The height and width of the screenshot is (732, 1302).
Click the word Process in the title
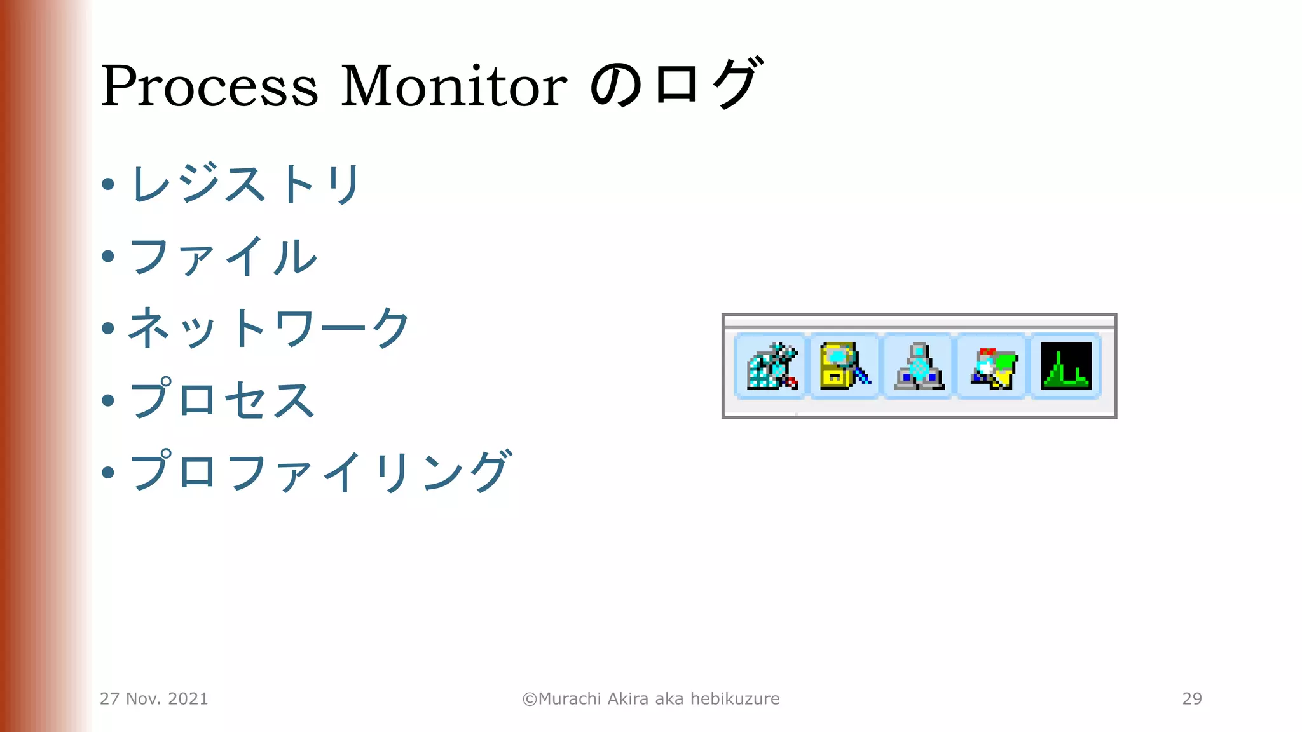209,86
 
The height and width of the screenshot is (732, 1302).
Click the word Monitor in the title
453,86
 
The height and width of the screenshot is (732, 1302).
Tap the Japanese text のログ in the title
676,84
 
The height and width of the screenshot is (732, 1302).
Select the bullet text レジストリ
246,184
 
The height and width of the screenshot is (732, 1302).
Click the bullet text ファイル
223,257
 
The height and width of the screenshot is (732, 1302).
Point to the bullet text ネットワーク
269,329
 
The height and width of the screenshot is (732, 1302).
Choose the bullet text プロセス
223,400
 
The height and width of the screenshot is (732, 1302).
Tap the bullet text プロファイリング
320,472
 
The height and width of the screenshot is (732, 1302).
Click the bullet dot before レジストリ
108,185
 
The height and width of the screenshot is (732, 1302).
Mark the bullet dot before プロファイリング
108,472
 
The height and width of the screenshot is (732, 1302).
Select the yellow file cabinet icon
844,366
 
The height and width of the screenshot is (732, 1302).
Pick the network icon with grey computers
919,367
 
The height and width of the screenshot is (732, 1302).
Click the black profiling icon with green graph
1066,366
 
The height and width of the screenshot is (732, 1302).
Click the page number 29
1192,698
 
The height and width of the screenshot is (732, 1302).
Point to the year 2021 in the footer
188,699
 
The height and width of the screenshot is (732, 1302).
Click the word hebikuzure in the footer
735,699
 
